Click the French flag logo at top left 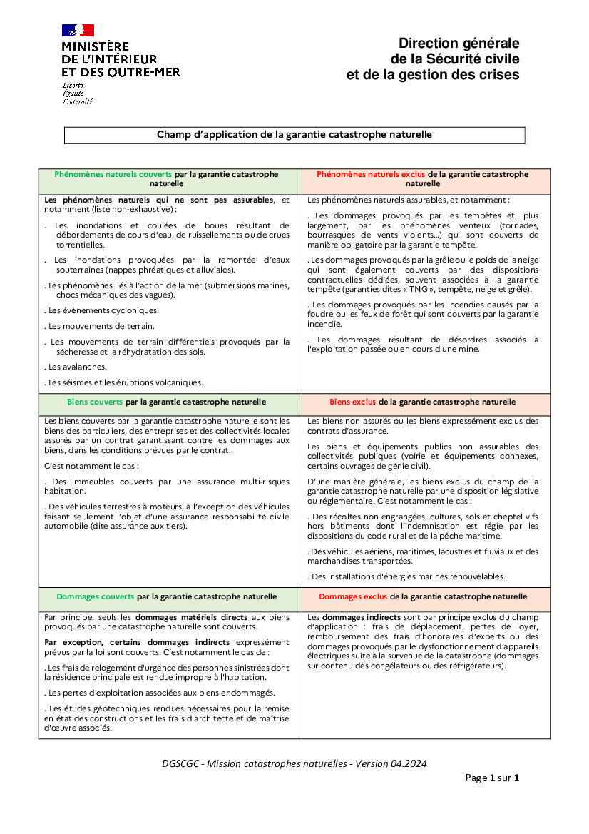(78, 30)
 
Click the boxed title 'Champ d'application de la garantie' (294, 134)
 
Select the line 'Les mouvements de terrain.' (101, 326)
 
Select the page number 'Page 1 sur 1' (492, 778)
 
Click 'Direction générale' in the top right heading (459, 44)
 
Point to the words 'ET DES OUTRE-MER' (121, 72)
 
